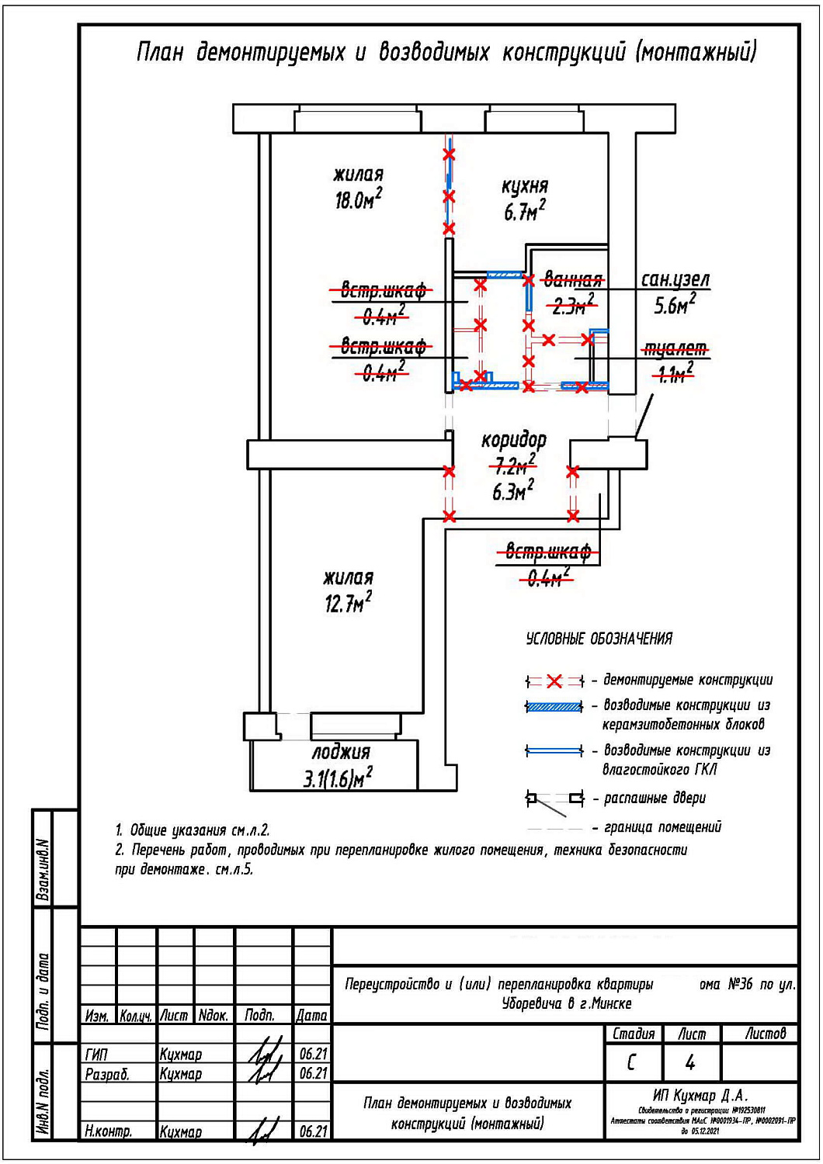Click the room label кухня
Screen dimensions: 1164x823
point(525,186)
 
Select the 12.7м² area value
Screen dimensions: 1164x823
point(348,602)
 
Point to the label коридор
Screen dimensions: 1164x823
point(513,440)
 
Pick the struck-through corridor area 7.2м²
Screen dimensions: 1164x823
point(514,466)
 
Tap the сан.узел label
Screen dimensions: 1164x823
point(675,279)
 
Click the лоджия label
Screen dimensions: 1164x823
point(341,752)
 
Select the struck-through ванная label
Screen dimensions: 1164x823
point(573,279)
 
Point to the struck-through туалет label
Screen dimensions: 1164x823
point(674,349)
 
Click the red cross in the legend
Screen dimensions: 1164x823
point(554,681)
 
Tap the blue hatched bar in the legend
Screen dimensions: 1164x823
point(554,707)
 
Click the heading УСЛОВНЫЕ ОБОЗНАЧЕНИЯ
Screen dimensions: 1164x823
point(599,639)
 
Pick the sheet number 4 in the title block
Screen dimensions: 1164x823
point(690,1062)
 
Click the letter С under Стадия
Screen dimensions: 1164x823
point(631,1062)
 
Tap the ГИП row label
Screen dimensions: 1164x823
point(97,1055)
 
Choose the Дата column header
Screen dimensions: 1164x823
point(312,1015)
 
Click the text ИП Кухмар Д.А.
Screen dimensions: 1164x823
point(700,1096)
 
